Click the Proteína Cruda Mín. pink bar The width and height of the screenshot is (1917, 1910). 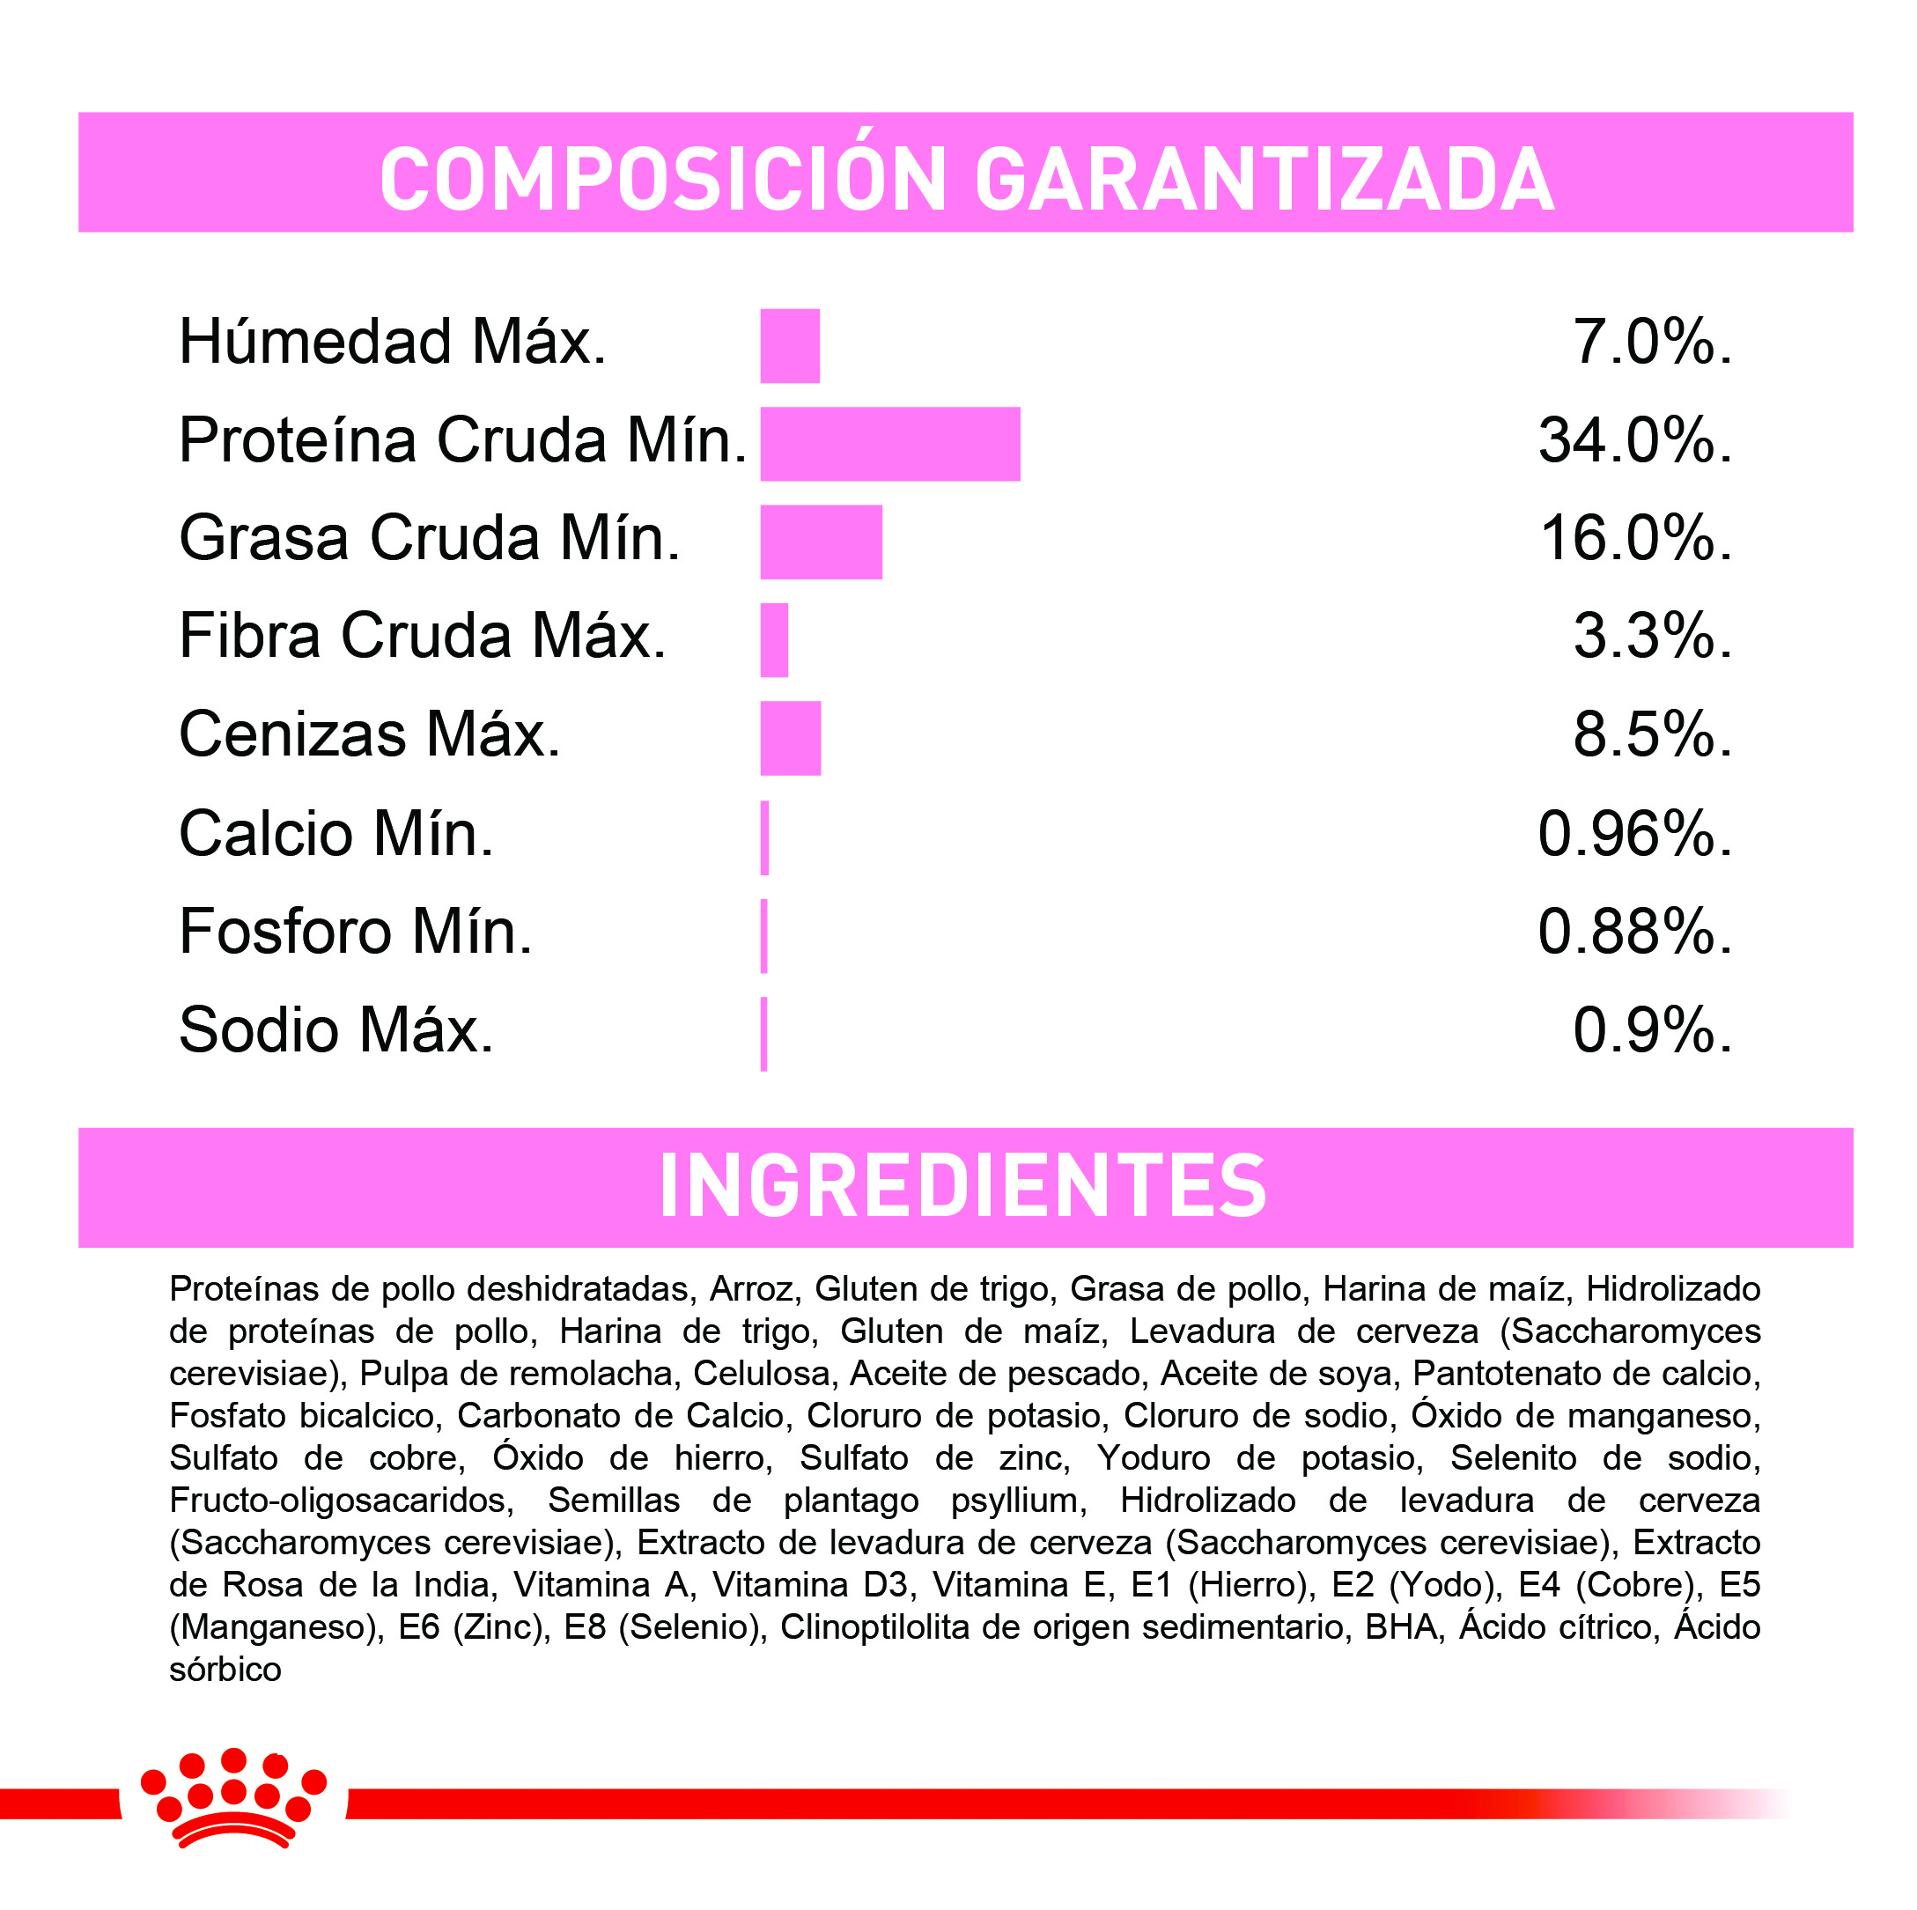coord(890,444)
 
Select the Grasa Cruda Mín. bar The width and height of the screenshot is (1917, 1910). coord(821,542)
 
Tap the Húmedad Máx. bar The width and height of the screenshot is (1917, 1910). coord(790,345)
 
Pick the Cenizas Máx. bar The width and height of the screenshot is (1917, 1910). coord(791,738)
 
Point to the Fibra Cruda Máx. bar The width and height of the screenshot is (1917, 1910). coord(774,640)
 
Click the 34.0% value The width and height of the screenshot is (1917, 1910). coord(1634,440)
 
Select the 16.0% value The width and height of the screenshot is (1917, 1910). coord(1635,539)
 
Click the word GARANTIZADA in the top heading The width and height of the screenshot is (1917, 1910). coord(1264,180)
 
